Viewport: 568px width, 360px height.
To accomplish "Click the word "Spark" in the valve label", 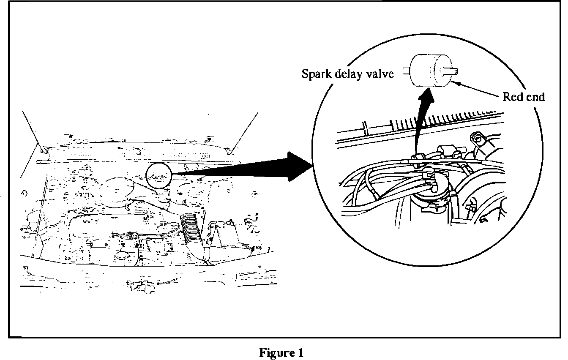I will (315, 74).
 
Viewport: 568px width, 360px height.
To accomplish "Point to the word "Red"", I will (511, 97).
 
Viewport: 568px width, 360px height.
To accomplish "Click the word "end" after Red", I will (535, 97).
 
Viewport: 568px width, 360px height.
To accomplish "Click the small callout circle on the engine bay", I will (159, 176).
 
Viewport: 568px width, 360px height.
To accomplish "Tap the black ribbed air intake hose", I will (193, 233).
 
